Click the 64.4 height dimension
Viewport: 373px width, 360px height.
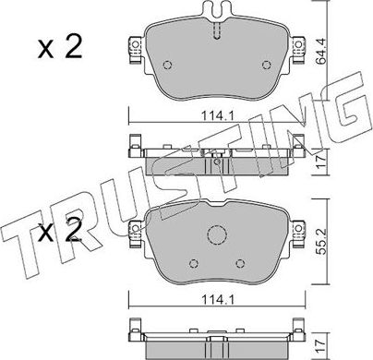click(321, 52)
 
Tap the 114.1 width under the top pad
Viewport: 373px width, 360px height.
click(218, 116)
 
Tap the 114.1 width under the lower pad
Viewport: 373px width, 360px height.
click(218, 299)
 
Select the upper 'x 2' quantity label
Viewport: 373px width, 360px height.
click(60, 47)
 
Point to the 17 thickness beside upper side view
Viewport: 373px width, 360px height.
click(321, 162)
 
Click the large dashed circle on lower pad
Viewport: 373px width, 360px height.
click(217, 235)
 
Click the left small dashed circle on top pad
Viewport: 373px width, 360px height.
click(167, 65)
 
